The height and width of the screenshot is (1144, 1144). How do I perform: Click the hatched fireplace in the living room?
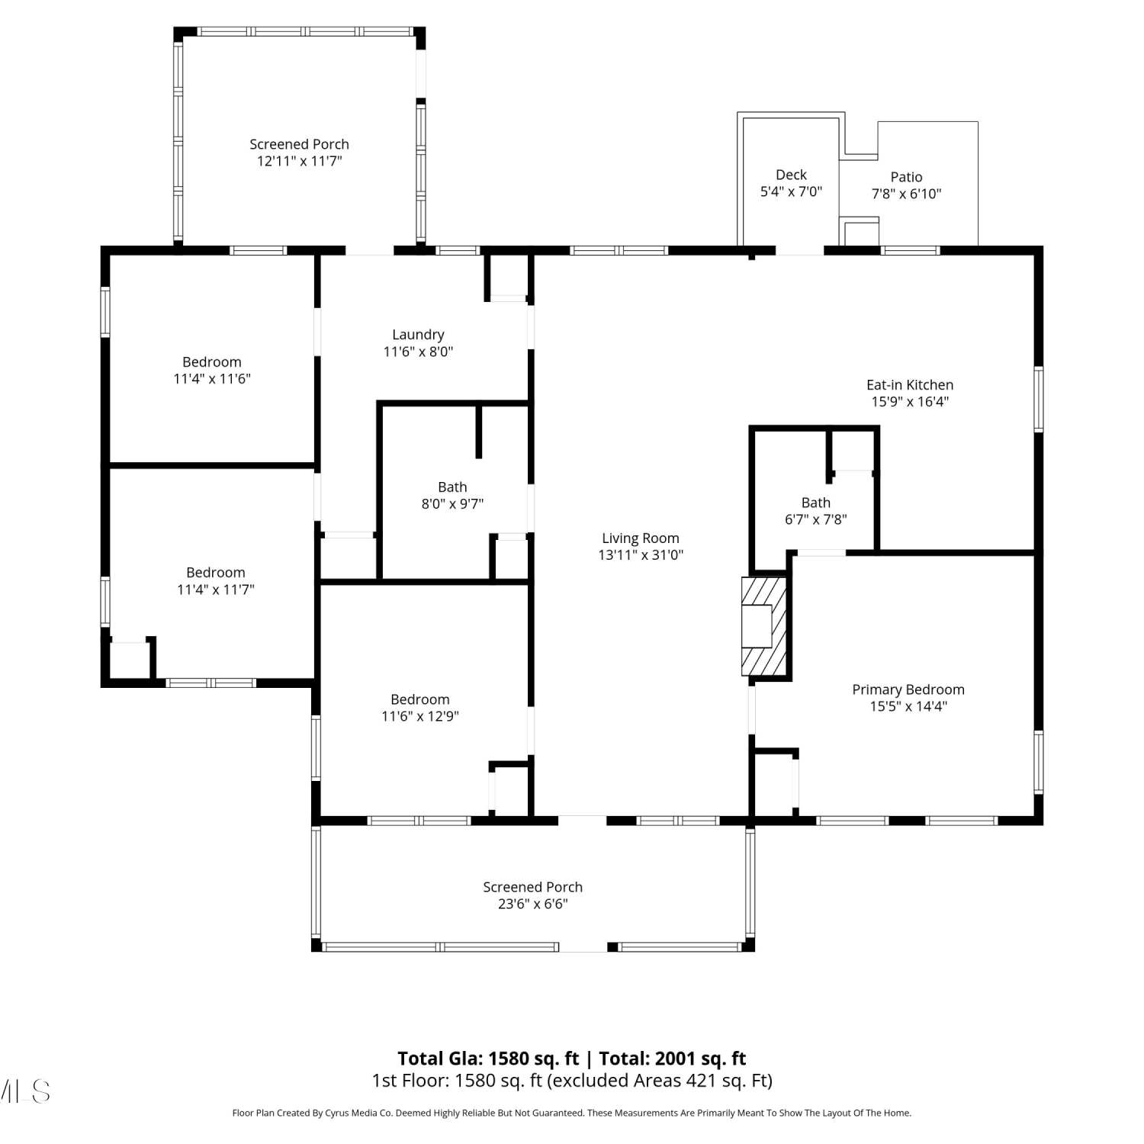coord(764,626)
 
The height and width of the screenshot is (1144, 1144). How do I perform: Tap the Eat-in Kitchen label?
coord(910,385)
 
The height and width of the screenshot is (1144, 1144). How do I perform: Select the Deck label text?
coord(791,175)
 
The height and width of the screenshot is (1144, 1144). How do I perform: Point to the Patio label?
coord(906,177)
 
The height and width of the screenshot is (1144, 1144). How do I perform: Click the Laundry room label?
coord(418,335)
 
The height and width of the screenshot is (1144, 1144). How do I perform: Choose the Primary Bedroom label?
coord(908,689)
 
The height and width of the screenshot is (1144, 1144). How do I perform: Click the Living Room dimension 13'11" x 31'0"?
coord(641,555)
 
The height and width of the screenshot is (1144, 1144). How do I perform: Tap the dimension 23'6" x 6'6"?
coord(533,904)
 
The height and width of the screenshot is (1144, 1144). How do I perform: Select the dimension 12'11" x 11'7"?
coord(299,161)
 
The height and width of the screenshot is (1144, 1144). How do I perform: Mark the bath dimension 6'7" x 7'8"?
coord(815,519)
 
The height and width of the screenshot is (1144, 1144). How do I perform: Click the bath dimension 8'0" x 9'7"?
coord(452,503)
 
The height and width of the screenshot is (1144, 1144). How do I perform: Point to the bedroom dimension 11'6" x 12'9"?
coord(419,716)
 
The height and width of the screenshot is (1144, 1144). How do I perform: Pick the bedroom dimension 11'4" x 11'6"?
coord(212,379)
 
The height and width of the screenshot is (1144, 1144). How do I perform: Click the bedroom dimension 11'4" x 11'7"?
coord(215,590)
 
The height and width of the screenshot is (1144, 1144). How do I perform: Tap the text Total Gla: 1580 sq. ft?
coord(488,1059)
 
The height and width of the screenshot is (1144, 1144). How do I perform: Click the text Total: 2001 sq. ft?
coord(673,1059)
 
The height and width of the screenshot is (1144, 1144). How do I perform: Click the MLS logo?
coord(24,1091)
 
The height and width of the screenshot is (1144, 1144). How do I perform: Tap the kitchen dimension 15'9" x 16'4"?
coord(910,402)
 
